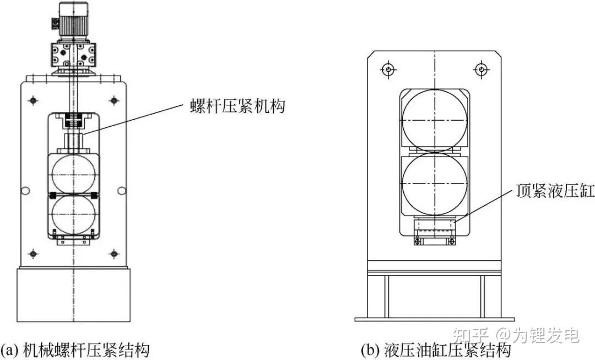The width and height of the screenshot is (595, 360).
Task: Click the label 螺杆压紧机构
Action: pyautogui.click(x=237, y=106)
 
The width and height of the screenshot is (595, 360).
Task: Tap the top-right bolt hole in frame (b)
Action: pyautogui.click(x=482, y=69)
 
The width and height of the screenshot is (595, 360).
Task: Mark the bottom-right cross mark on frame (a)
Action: pyautogui.click(x=114, y=253)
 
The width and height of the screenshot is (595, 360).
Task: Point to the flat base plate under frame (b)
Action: pyautogui.click(x=435, y=319)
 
